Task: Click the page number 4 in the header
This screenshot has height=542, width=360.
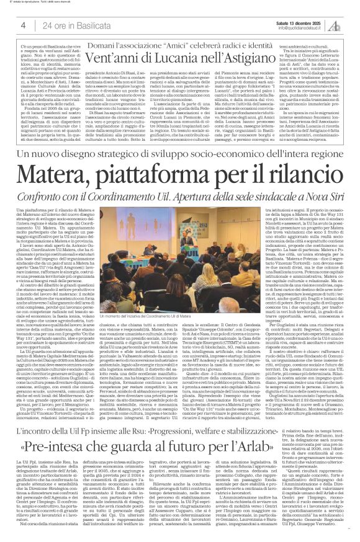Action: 14,25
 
